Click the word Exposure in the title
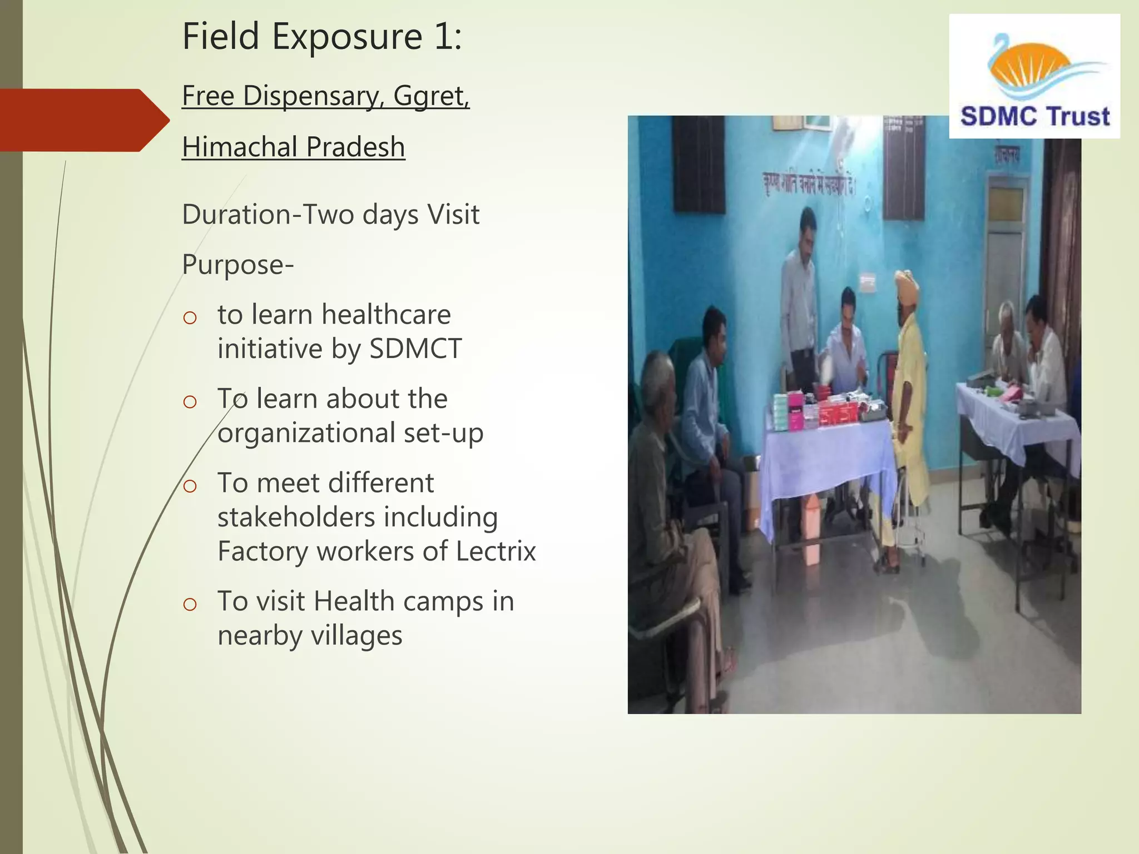[x=347, y=37]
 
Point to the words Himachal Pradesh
[x=293, y=147]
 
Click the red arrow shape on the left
[x=83, y=120]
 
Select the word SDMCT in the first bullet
[x=415, y=349]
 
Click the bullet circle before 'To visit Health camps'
[x=190, y=604]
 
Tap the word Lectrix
[x=496, y=552]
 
